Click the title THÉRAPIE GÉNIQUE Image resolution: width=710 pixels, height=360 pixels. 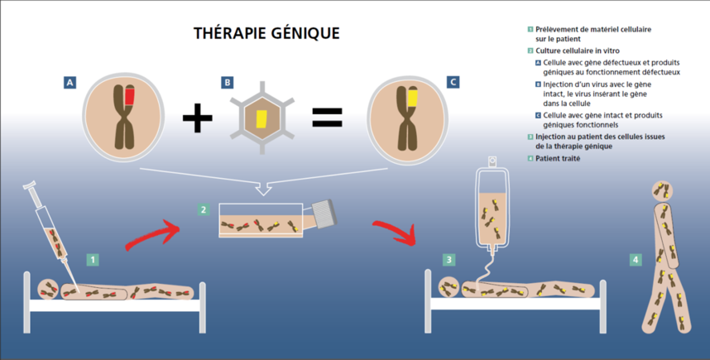(266, 33)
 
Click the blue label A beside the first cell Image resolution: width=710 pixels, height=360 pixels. (70, 82)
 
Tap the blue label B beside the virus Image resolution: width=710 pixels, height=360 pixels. (226, 82)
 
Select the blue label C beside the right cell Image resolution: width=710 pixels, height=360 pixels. (452, 82)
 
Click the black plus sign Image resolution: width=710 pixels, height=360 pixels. (197, 118)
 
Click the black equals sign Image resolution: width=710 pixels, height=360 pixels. (327, 117)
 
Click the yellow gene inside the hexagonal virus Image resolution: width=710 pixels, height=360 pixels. (262, 119)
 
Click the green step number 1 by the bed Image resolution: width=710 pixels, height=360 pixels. (93, 259)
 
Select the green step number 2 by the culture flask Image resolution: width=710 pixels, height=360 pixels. (204, 209)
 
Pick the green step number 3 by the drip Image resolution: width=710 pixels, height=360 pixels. (449, 259)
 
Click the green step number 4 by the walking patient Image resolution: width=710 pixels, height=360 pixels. (636, 260)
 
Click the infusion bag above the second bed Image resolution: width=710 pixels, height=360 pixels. (492, 207)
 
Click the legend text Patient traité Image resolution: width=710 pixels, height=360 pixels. (559, 158)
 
